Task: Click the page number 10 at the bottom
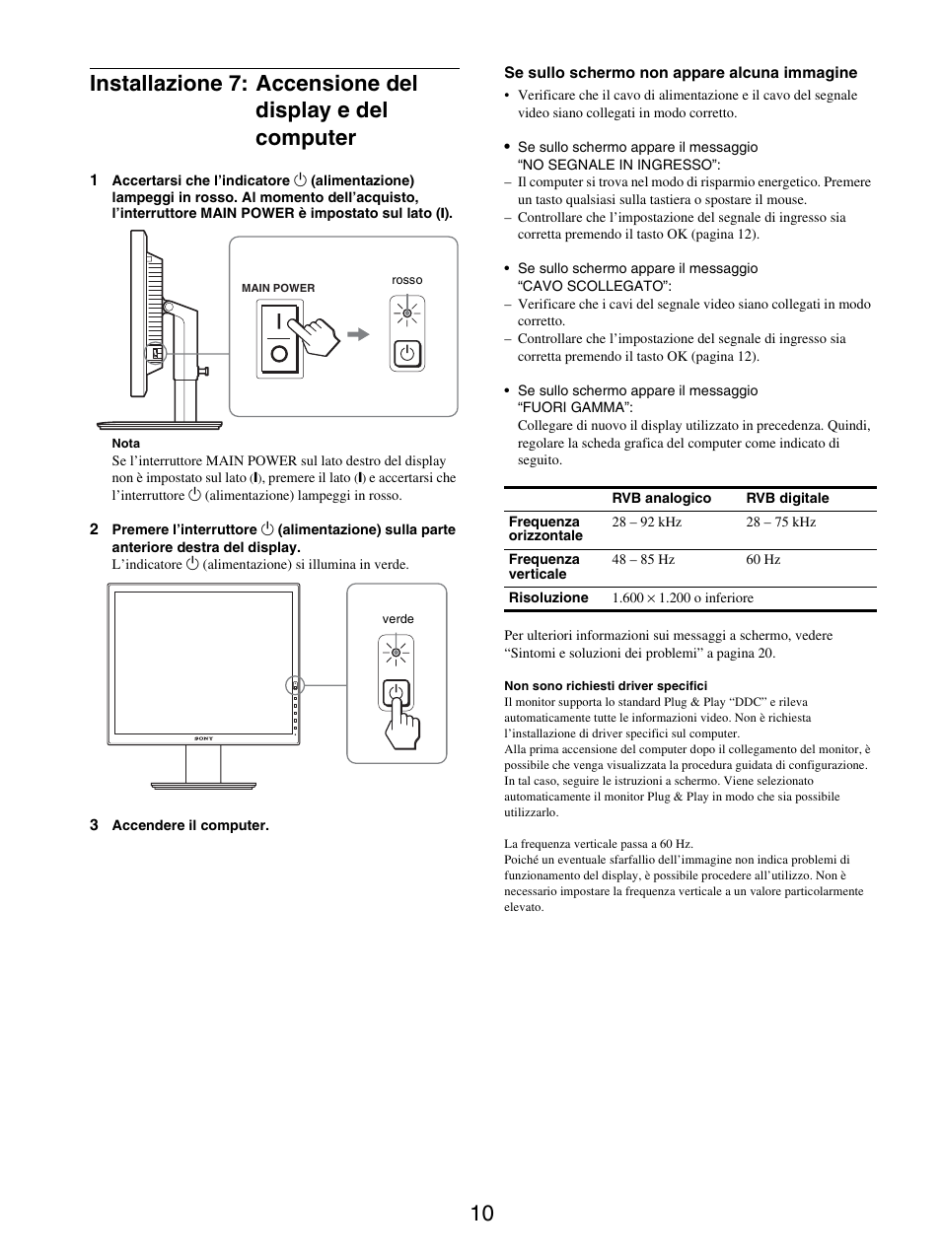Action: [481, 1214]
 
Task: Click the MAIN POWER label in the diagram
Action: [278, 289]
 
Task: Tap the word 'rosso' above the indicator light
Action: [406, 281]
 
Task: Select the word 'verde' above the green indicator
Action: [398, 620]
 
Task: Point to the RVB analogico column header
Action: [661, 499]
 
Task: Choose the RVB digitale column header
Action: [787, 499]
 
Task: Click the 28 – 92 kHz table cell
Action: [646, 523]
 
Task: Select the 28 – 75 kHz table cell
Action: [780, 523]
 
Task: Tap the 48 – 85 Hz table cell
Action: [643, 560]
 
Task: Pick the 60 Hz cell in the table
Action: [762, 560]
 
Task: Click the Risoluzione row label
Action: [547, 598]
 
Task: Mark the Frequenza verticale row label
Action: [543, 567]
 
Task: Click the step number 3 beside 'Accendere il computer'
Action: [94, 825]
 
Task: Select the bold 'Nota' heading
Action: [126, 444]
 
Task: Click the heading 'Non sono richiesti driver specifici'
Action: [605, 686]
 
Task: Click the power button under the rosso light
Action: [406, 353]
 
